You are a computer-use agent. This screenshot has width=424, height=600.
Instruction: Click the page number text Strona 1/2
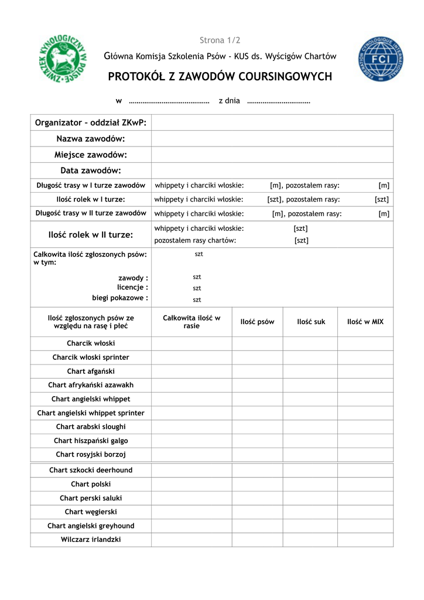pos(220,40)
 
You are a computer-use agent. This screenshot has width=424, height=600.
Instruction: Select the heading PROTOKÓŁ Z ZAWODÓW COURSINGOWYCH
pos(220,77)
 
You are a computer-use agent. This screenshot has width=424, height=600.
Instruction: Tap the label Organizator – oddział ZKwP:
pos(91,122)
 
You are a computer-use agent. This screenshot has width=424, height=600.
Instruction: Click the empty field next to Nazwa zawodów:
pos(272,139)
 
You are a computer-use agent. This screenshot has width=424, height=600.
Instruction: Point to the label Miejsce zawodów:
pos(91,155)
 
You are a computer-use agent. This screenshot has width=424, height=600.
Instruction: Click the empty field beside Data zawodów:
pos(272,171)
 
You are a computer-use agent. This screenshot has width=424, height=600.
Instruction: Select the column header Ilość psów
pos(257,322)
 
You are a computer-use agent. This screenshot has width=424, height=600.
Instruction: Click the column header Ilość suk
pos(311,322)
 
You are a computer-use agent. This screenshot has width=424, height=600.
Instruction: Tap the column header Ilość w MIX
pos(365,322)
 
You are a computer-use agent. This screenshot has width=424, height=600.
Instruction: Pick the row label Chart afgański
pos(91,371)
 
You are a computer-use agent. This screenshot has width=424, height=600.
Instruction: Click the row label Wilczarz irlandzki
pos(91,540)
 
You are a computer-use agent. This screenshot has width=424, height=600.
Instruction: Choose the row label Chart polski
pos(91,484)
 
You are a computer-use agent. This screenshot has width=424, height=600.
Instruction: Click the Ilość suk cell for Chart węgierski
pos(311,512)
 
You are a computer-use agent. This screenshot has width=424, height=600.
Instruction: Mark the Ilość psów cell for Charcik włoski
pos(257,343)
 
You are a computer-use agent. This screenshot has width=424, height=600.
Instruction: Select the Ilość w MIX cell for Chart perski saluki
pos(365,498)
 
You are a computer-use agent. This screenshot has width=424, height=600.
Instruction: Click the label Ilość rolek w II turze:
pos(91,234)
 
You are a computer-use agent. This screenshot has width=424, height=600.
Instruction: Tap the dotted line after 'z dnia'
pos(278,102)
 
